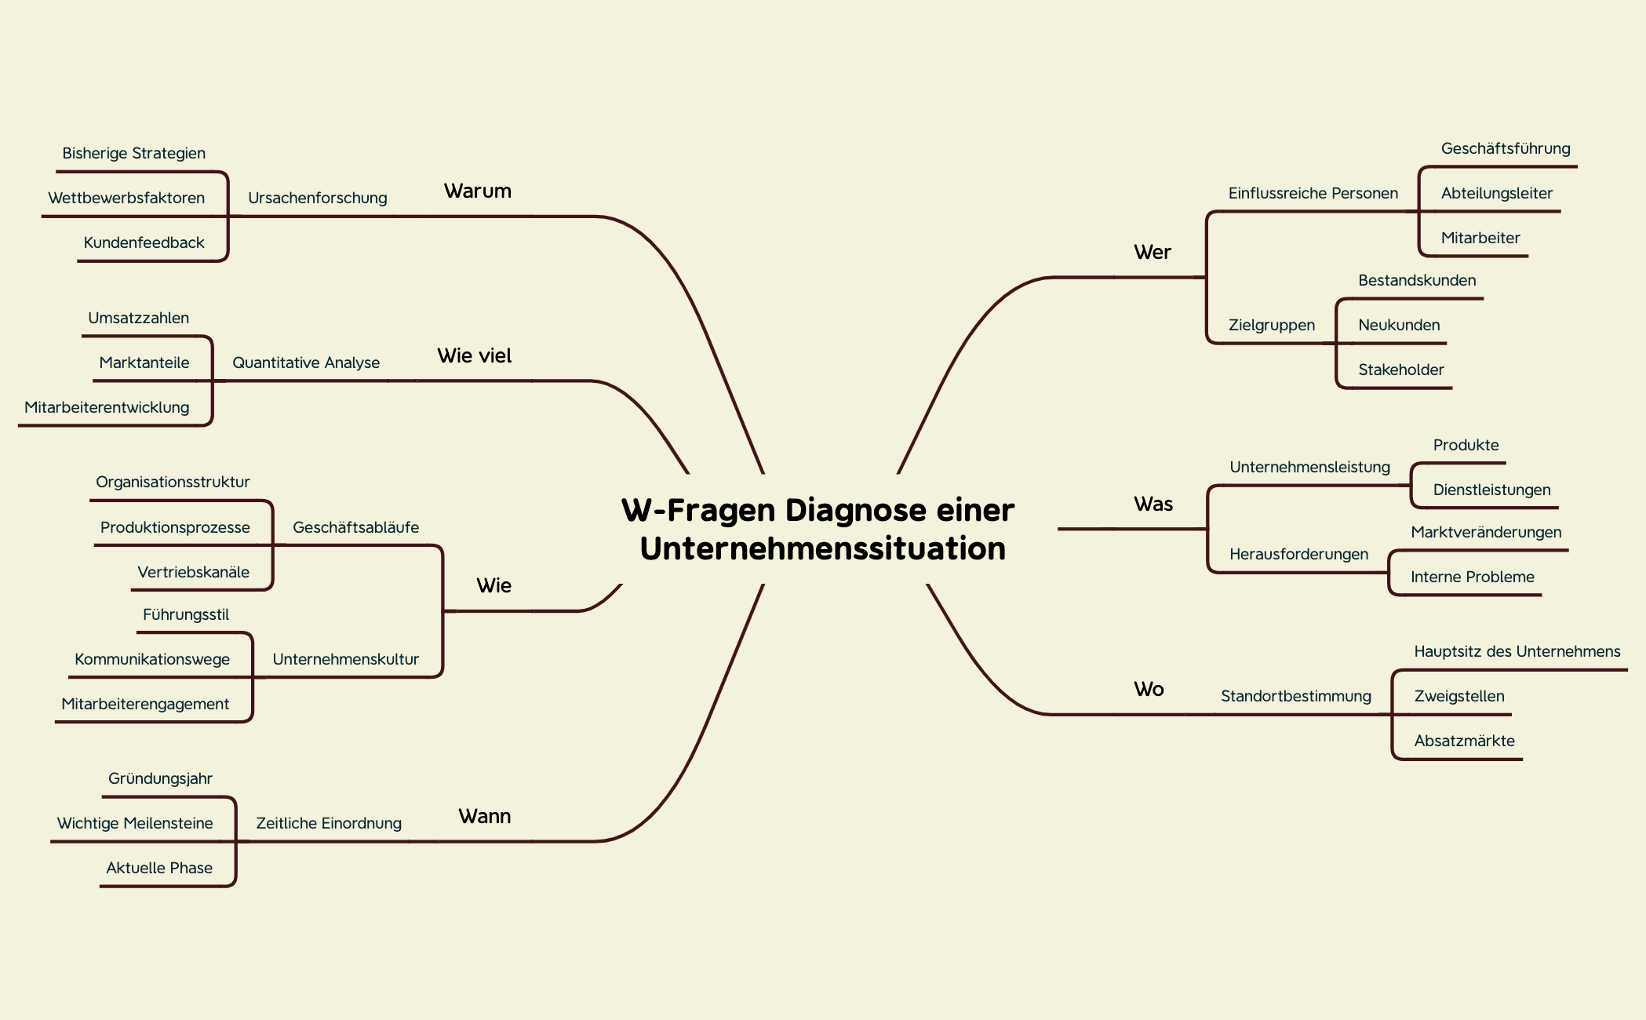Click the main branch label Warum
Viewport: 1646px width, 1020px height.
pyautogui.click(x=477, y=191)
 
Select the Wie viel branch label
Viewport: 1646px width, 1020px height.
pyautogui.click(x=474, y=356)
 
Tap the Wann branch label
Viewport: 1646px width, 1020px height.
pyautogui.click(x=484, y=817)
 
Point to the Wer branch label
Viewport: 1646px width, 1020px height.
pyautogui.click(x=1152, y=253)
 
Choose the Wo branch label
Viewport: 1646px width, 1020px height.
pyautogui.click(x=1149, y=690)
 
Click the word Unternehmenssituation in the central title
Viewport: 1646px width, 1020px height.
pyautogui.click(x=822, y=548)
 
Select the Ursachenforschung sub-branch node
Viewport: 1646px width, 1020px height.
pyautogui.click(x=317, y=199)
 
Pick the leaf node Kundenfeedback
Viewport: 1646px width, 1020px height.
pyautogui.click(x=144, y=243)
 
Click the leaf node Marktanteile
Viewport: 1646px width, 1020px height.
pyautogui.click(x=144, y=363)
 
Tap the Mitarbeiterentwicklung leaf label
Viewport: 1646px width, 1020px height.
pyautogui.click(x=107, y=408)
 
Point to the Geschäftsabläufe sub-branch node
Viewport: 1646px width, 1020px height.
pyautogui.click(x=355, y=528)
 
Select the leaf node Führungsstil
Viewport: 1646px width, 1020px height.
pyautogui.click(x=186, y=615)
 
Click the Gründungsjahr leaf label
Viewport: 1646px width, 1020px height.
pyautogui.click(x=160, y=779)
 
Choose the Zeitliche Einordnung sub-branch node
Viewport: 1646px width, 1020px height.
pyautogui.click(x=328, y=824)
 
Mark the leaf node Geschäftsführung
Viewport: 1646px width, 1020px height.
pyautogui.click(x=1505, y=149)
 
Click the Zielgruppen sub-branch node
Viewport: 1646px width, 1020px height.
pyautogui.click(x=1271, y=326)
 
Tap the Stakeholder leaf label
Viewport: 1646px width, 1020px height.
pyautogui.click(x=1400, y=370)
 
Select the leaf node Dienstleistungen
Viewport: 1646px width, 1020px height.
pyautogui.click(x=1491, y=490)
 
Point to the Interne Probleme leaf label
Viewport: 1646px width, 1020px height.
pyautogui.click(x=1472, y=577)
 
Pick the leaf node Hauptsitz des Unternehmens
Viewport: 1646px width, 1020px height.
pyautogui.click(x=1517, y=652)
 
